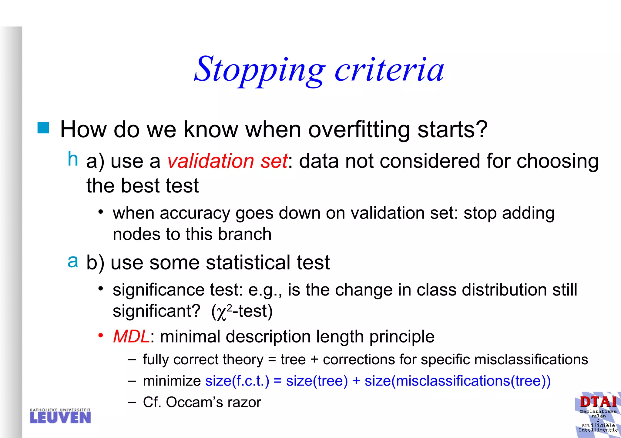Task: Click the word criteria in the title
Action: coord(389,70)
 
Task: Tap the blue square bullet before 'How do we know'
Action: coord(43,128)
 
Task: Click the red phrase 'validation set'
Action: coord(227,161)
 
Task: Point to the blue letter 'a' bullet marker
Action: coord(72,261)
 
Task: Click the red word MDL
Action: coord(131,336)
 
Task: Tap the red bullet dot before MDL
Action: coord(101,336)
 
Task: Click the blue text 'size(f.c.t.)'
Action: coord(237,381)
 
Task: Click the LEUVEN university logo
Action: coord(60,416)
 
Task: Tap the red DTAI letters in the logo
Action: coord(598,402)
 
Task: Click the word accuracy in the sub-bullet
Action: coord(195,213)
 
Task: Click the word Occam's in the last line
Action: coord(194,403)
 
